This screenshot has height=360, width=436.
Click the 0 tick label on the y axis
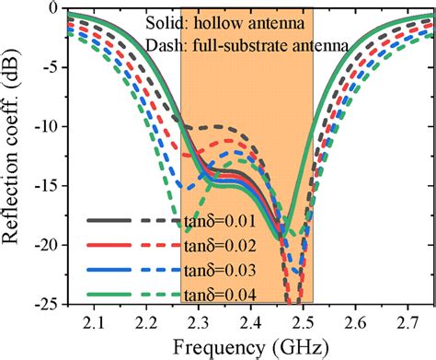[x=52, y=8]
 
